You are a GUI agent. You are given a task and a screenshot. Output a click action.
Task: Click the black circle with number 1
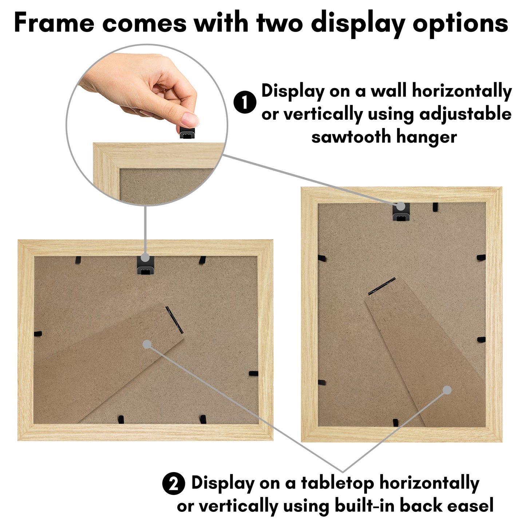(245, 102)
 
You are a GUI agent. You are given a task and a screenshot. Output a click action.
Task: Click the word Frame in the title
(54, 23)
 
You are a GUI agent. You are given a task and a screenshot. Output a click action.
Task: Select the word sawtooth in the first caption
(351, 137)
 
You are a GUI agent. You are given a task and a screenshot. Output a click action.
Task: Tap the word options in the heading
(460, 24)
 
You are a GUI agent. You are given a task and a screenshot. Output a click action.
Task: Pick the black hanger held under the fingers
(187, 133)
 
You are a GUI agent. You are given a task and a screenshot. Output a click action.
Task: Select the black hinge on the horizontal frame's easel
(174, 320)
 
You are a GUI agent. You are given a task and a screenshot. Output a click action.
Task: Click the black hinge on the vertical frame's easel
(382, 286)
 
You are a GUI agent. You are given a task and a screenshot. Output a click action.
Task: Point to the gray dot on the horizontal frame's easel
(147, 344)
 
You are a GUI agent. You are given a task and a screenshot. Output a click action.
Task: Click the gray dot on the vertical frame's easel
(447, 390)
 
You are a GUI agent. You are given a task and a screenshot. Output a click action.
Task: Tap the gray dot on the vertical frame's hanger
(401, 206)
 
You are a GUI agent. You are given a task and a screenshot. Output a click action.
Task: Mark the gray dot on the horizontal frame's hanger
(145, 257)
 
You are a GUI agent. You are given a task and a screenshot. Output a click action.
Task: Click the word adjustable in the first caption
(466, 114)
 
